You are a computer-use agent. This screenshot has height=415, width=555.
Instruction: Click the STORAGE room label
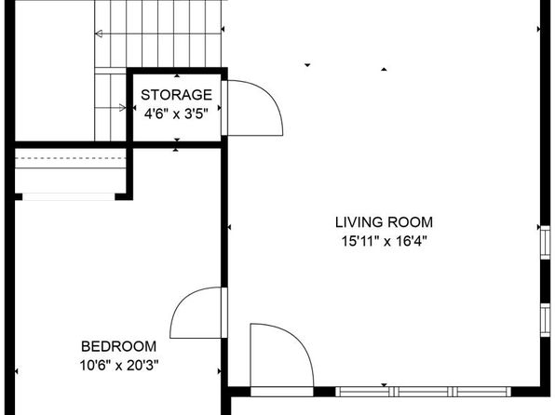click(x=176, y=95)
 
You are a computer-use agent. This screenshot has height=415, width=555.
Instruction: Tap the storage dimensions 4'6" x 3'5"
click(x=176, y=114)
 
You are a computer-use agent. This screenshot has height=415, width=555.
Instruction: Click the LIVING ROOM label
click(x=384, y=222)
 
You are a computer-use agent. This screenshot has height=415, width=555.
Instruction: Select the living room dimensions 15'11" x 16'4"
click(x=384, y=241)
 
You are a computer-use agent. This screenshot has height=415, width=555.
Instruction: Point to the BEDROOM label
click(x=118, y=346)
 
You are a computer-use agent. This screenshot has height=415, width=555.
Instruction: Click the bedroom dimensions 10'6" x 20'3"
click(x=118, y=365)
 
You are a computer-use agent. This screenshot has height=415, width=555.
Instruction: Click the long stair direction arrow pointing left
click(x=158, y=33)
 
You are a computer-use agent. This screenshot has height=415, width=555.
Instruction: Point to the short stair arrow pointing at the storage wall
click(x=111, y=108)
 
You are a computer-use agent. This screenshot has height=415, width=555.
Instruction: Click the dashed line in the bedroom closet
click(x=71, y=158)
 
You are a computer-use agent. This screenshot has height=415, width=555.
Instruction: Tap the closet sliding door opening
click(x=69, y=196)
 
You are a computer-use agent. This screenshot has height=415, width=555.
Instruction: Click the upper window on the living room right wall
click(x=546, y=242)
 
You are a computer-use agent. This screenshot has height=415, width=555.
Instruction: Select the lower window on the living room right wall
click(x=546, y=320)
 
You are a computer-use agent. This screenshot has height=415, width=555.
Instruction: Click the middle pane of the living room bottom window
click(x=423, y=392)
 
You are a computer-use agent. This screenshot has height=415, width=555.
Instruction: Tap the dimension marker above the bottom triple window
click(x=384, y=385)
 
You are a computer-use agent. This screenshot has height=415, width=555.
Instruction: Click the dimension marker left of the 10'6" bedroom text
click(x=16, y=371)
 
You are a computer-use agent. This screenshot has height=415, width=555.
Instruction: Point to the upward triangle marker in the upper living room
click(x=384, y=70)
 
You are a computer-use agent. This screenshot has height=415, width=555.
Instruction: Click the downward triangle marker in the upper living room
click(x=307, y=65)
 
